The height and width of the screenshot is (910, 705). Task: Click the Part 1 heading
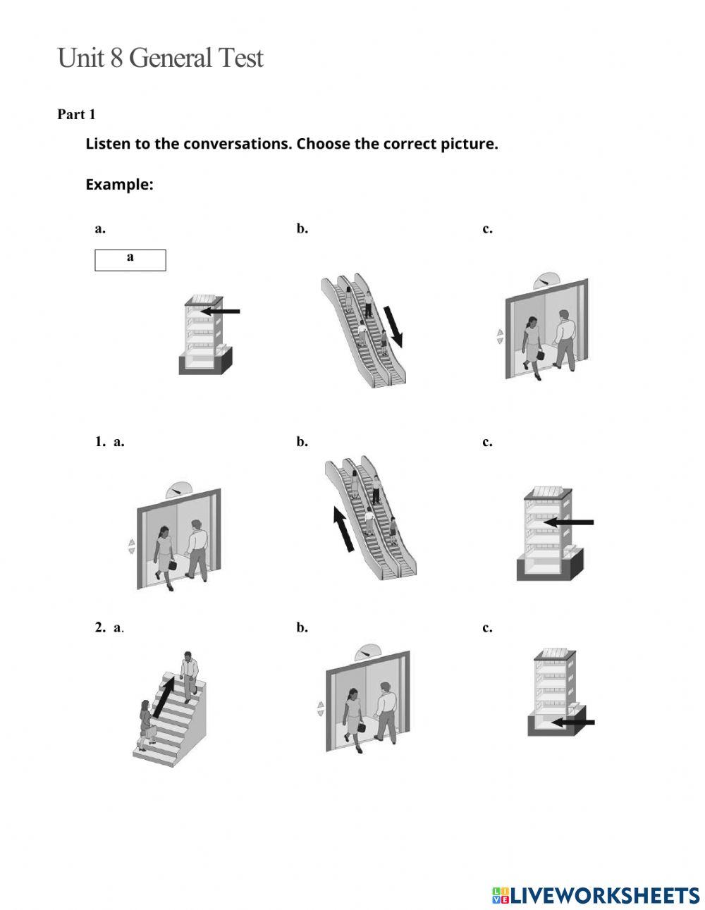pyautogui.click(x=76, y=114)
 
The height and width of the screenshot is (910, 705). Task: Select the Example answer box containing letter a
pyautogui.click(x=130, y=259)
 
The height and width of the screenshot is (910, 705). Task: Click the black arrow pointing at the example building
pyautogui.click(x=221, y=311)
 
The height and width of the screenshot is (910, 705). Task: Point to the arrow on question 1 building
pyautogui.click(x=570, y=522)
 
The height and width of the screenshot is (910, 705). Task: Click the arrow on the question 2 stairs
pyautogui.click(x=164, y=694)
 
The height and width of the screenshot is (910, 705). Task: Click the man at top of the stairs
pyautogui.click(x=189, y=675)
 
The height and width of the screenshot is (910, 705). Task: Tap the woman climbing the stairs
pyautogui.click(x=147, y=723)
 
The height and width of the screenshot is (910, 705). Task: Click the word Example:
pyautogui.click(x=119, y=185)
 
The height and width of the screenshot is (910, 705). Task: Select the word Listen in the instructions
pyautogui.click(x=108, y=144)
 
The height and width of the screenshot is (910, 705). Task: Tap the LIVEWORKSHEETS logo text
pyautogui.click(x=603, y=895)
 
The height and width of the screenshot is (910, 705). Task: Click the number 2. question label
pyautogui.click(x=100, y=627)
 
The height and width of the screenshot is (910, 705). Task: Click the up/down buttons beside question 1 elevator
pyautogui.click(x=131, y=546)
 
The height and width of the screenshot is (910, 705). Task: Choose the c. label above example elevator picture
pyautogui.click(x=487, y=228)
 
